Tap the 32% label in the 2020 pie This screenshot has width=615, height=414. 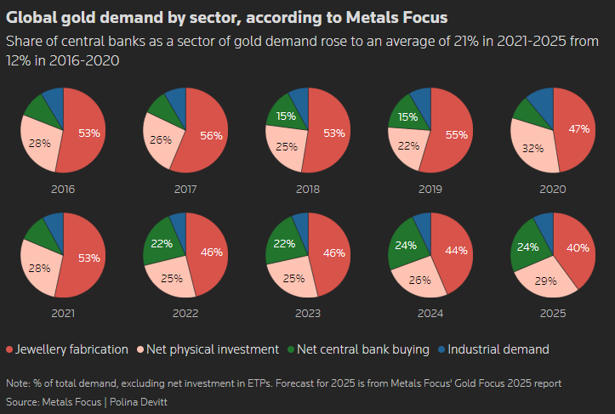[x=533, y=148]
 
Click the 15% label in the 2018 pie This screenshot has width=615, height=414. [x=287, y=116]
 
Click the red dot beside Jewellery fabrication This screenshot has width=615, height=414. [x=9, y=349]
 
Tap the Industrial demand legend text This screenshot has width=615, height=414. [x=498, y=349]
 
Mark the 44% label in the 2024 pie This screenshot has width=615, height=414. [x=457, y=250]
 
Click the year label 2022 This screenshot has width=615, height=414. [x=185, y=314]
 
